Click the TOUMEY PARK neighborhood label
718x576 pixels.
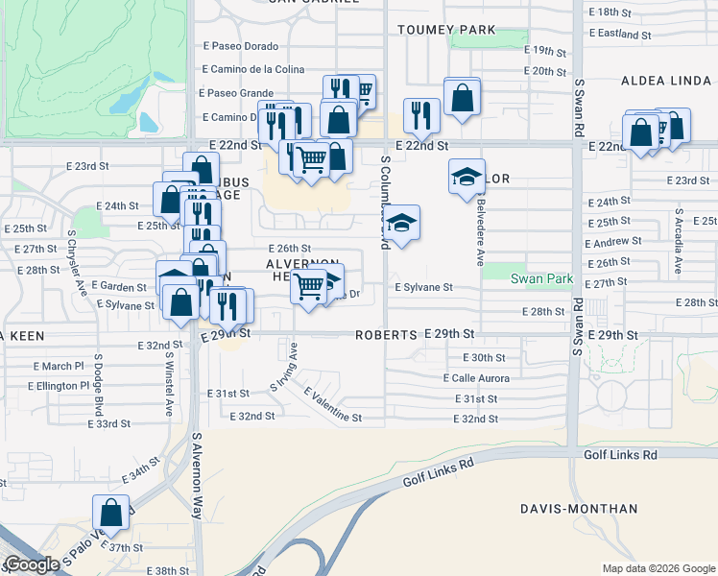coord(448,30)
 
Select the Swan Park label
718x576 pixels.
coord(540,279)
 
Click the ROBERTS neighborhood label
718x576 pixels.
coord(386,335)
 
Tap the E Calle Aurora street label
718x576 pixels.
coord(476,378)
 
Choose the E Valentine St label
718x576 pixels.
coord(333,406)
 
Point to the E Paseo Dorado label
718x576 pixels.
coord(240,46)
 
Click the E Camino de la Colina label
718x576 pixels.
coord(253,70)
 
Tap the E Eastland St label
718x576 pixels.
coord(619,34)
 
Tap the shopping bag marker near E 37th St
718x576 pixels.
coord(111,512)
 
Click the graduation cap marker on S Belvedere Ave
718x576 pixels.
coord(467,177)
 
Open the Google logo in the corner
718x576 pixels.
coord(31,565)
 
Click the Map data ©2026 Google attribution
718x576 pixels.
coord(658,568)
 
